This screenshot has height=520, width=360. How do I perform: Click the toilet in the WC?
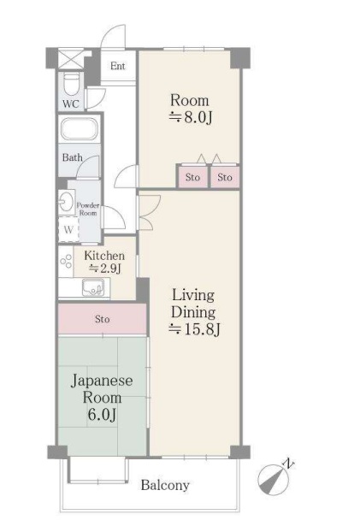pos(71,85)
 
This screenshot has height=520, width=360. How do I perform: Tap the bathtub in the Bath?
pos(79,129)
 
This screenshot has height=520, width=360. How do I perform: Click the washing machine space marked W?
pos(68,229)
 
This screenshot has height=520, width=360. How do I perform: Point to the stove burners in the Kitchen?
pos(66,262)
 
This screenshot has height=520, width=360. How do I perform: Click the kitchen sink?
pos(93,287)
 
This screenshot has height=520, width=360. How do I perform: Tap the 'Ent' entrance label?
pos(118,66)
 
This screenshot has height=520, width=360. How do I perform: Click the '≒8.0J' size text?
pos(191,117)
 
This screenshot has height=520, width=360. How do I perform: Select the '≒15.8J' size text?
pos(194,329)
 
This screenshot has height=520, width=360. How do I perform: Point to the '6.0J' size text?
pos(102,414)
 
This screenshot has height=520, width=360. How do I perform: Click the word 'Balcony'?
pos(165,486)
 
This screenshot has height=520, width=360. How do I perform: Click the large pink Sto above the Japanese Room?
pos(102,319)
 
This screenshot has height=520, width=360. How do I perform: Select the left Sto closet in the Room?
pos(192,177)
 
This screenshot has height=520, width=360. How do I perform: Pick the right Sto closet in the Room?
pos(225,177)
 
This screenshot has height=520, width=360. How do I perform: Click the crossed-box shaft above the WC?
pos(71,59)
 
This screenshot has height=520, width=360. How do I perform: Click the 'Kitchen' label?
pos(104,256)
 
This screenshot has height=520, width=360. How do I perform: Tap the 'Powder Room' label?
pos(88,210)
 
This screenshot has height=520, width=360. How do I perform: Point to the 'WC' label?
pos(71,103)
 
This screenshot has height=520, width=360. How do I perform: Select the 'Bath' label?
pos(73,157)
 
